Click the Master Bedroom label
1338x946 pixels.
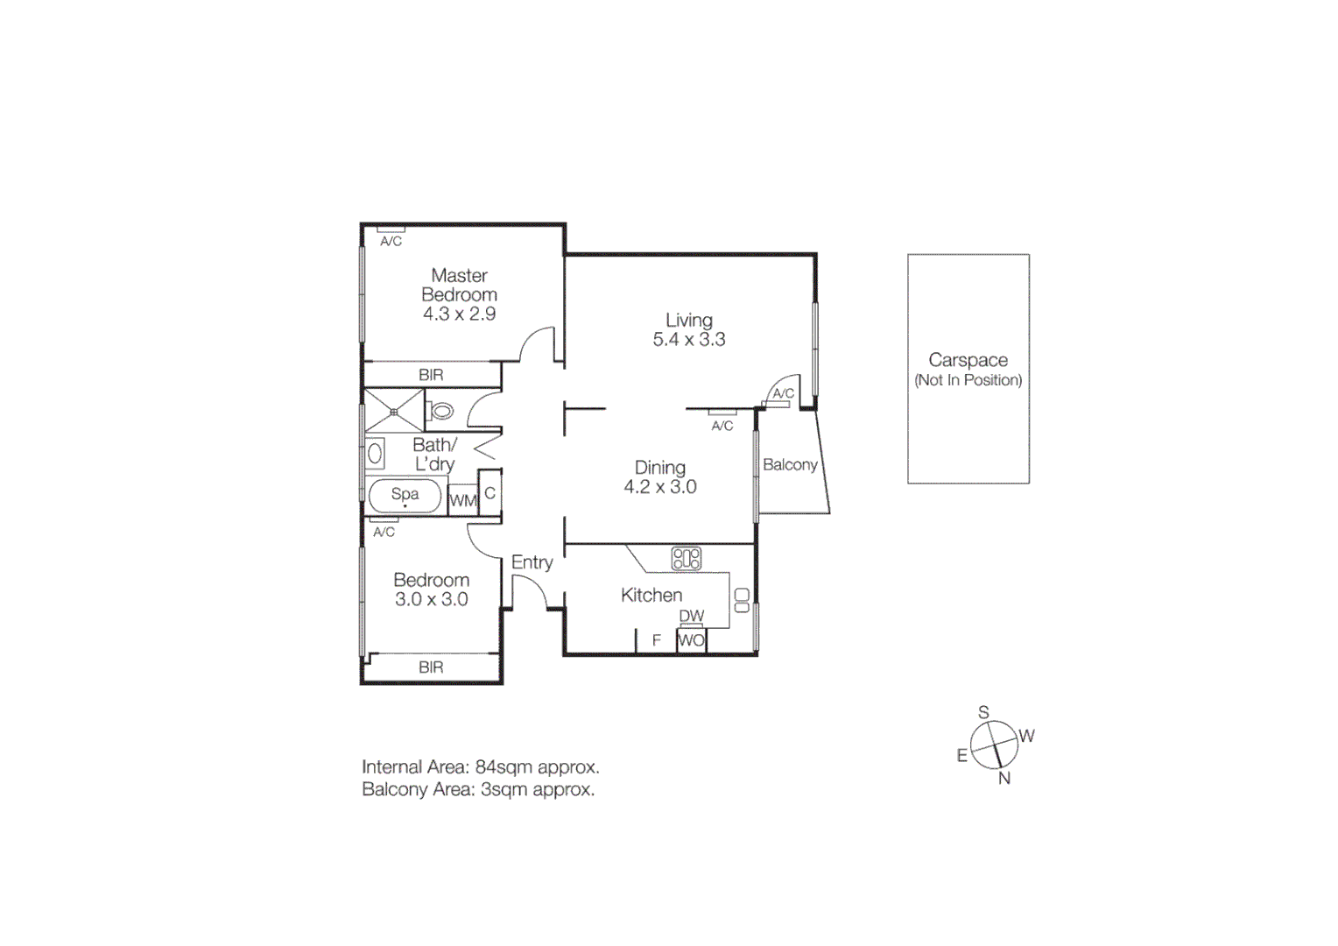coord(459,286)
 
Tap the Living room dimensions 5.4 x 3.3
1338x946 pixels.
coord(688,340)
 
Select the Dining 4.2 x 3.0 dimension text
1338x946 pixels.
coord(659,487)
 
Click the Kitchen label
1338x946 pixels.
coord(651,596)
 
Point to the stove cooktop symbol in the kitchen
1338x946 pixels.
coord(686,559)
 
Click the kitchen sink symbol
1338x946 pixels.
coord(742,600)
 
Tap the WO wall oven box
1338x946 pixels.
coord(691,640)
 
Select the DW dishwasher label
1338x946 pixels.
coord(691,617)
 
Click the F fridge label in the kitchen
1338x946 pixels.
coord(656,641)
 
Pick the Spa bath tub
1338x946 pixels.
coord(405,496)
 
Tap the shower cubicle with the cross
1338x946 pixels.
coord(394,411)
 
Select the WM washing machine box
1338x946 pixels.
coord(462,501)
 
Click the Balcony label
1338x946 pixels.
coord(790,465)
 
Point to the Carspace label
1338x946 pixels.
coord(968,360)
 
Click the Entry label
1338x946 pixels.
coord(532,562)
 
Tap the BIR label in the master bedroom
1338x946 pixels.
coord(431,375)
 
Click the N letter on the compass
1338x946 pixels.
coord(1004,778)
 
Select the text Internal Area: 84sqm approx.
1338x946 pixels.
coord(480,767)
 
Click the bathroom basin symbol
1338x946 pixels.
coord(375,453)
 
